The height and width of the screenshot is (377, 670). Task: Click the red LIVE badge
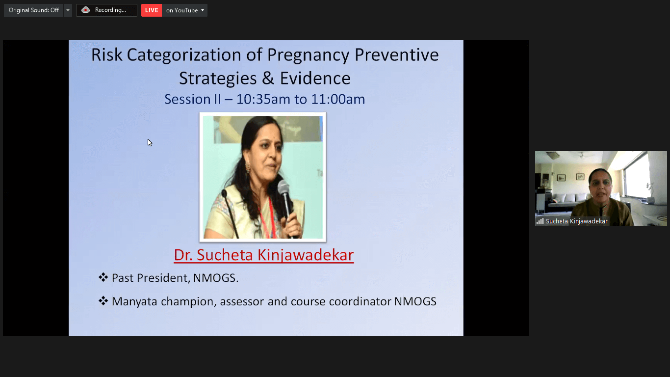click(152, 10)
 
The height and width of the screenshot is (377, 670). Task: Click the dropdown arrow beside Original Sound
click(68, 10)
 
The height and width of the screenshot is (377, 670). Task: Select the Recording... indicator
click(106, 10)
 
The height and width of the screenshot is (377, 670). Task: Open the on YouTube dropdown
click(185, 10)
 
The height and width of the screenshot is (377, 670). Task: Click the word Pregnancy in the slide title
click(308, 55)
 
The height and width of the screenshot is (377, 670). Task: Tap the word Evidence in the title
click(315, 79)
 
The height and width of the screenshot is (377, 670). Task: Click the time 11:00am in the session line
click(338, 99)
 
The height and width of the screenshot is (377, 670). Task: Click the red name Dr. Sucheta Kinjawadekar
click(264, 255)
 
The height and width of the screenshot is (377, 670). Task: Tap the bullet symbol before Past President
click(103, 277)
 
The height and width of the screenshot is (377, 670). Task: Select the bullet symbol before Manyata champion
click(103, 300)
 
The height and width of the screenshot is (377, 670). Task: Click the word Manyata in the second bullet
click(134, 301)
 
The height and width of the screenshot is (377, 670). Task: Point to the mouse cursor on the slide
click(150, 142)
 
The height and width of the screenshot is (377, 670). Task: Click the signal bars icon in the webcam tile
click(540, 221)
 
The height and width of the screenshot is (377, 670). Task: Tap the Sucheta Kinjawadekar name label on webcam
click(576, 221)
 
